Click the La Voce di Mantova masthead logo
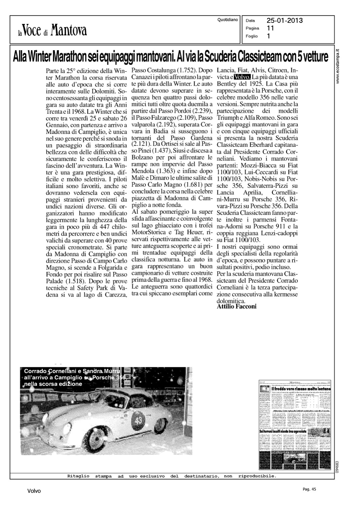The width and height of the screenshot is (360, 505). click(53, 30)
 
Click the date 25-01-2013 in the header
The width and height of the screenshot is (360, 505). click(285, 21)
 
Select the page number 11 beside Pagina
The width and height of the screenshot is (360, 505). click(270, 28)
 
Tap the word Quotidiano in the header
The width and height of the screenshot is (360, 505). click(228, 20)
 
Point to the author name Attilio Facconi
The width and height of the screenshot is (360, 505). click(237, 306)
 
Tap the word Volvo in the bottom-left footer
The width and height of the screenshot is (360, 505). click(34, 491)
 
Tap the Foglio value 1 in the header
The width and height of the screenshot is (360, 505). click(268, 36)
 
